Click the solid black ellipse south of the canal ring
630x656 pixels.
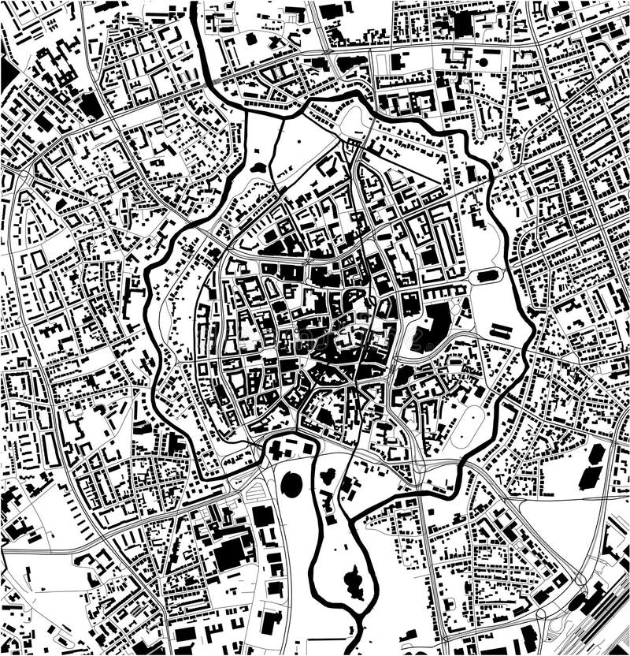pyautogui.click(x=291, y=483)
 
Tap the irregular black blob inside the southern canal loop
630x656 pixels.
pyautogui.click(x=354, y=582)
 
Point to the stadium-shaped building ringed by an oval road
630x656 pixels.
pyautogui.click(x=487, y=276)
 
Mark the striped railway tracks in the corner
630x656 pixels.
pyautogui.click(x=602, y=623)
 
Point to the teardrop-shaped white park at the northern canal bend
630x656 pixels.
pyautogui.click(x=354, y=122)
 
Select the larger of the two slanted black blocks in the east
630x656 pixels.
pyautogui.click(x=591, y=476)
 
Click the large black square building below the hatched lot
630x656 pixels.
pyautogui.click(x=262, y=517)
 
